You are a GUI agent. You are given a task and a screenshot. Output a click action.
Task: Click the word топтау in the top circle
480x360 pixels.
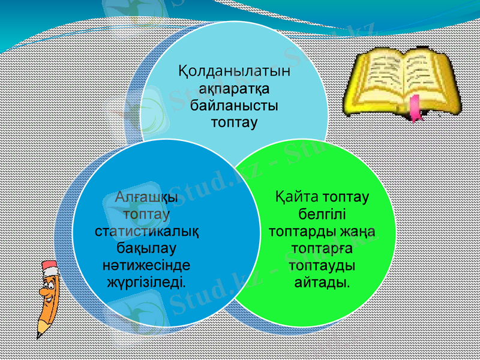(234, 123)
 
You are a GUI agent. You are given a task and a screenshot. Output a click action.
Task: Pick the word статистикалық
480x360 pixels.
(148, 230)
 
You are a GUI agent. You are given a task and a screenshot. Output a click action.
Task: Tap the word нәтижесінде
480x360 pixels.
(148, 264)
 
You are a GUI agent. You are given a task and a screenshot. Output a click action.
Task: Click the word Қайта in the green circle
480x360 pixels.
(297, 196)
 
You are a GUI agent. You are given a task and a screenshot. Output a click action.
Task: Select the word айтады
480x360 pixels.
(322, 281)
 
